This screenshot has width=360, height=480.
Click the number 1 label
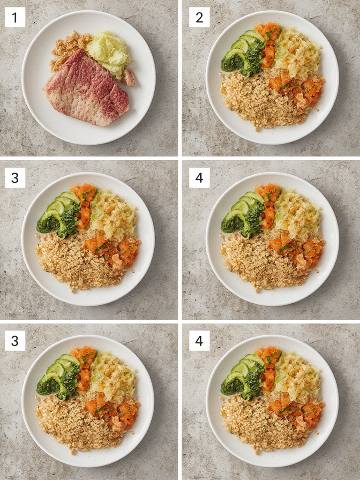click(15, 17)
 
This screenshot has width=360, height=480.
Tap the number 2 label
click(199, 17)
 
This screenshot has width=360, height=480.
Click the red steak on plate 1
click(87, 88)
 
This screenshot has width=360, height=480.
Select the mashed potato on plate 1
click(109, 52)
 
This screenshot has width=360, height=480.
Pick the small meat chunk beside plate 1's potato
click(128, 77)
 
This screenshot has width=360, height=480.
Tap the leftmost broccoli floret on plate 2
click(232, 61)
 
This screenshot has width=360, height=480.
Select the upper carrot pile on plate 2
click(268, 43)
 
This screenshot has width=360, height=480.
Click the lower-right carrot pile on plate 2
click(297, 89)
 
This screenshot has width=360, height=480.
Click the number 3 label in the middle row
click(15, 178)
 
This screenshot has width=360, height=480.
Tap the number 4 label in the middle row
click(199, 178)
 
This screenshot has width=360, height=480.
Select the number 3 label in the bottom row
click(15, 341)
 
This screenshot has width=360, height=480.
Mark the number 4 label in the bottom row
click(199, 341)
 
